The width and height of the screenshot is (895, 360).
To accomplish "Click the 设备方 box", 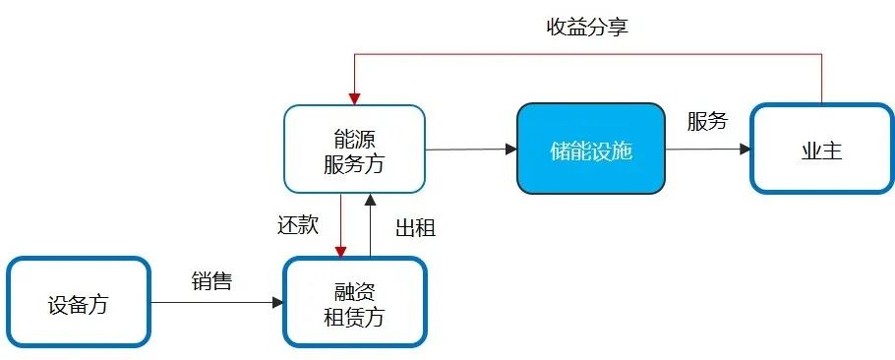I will pos(78,303).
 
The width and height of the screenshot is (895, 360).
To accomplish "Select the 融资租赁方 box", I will pos(355,303).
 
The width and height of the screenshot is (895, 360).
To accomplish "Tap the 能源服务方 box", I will pos(354,149).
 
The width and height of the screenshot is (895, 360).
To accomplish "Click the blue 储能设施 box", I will pos(590,150).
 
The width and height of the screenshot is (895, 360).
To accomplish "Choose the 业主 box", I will pos(822,150).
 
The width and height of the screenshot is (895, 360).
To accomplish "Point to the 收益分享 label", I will pos(587,27).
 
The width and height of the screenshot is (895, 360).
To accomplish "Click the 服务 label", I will pos(707,122).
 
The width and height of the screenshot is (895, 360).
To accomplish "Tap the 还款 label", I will pos(297,224).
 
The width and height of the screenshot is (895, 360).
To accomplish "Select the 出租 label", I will pos(415,228).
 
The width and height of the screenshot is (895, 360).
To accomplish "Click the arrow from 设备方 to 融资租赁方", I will pos(216,303).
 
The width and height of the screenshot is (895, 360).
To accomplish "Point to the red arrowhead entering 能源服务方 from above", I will pos(354,98).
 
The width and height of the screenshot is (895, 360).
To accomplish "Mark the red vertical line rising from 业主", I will pos(821,79).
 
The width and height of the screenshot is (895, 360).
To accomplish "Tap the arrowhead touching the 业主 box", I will pos(745,150).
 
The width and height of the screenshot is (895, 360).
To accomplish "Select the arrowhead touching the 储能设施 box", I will pos(510,150).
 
